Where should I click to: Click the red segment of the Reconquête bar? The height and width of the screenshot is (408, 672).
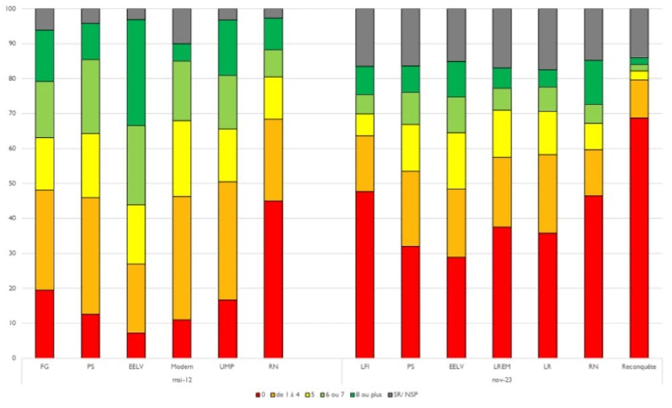tap(639, 237)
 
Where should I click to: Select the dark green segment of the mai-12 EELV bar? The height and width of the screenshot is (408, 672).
tap(136, 73)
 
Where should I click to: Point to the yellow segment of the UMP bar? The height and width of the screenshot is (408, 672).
tap(228, 155)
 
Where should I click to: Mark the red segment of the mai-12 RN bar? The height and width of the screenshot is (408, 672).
tap(273, 279)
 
